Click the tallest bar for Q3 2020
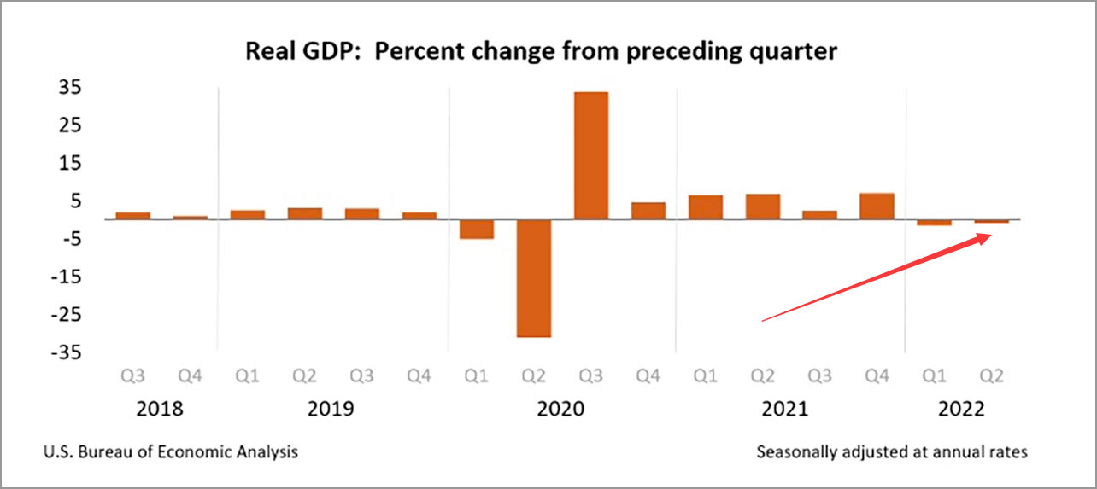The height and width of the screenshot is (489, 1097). [590, 155]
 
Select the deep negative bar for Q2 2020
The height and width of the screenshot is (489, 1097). [533, 278]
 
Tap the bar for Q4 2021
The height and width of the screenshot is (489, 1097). [877, 207]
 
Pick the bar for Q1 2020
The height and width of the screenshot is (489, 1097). [476, 229]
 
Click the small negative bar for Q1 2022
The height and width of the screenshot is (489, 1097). [934, 223]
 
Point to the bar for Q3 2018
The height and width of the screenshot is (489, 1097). [132, 216]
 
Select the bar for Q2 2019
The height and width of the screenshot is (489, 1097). [304, 213]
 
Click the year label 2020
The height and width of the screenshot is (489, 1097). [560, 409]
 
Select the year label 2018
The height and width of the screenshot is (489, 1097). [160, 409]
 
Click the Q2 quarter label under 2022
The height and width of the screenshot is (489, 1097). [991, 375]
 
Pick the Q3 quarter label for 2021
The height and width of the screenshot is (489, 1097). [819, 375]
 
